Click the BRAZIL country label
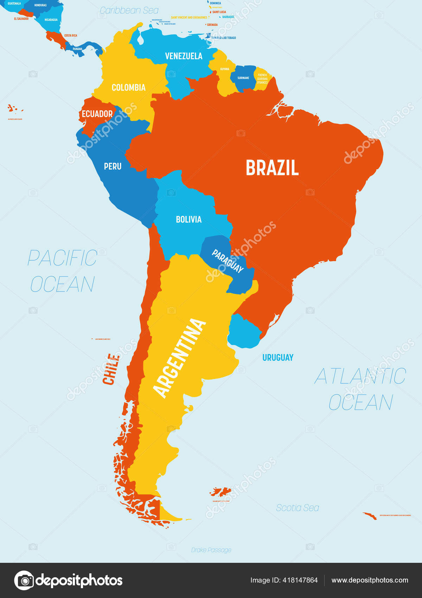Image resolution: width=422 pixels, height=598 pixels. tap(272, 168)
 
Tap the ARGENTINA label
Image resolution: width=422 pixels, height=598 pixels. tap(179, 358)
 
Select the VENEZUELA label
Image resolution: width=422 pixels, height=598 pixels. tap(184, 56)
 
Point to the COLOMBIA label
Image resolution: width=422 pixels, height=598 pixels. tap(128, 88)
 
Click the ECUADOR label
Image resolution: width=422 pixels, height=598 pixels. tap(97, 114)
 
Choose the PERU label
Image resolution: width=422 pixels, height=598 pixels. tap(113, 166)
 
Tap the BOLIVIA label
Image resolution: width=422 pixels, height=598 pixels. tap(188, 220)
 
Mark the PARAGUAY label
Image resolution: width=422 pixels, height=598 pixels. tap(228, 261)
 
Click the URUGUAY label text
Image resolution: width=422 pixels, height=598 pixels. tap(278, 358)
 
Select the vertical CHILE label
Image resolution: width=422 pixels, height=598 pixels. tap(111, 369)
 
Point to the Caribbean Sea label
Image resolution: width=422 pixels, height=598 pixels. tap(129, 11)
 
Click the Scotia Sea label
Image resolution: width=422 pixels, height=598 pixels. tap(298, 508)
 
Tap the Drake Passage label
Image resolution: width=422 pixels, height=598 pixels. tap(211, 550)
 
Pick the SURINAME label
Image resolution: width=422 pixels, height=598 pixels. tap(243, 78)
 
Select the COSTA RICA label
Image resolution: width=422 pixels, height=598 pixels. tap(71, 36)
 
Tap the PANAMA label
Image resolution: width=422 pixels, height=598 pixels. tap(78, 49)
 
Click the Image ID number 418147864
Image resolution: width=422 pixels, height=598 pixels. tap(300, 580)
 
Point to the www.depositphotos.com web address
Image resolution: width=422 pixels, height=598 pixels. tap(370, 580)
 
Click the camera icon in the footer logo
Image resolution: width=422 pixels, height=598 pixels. tap(24, 580)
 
